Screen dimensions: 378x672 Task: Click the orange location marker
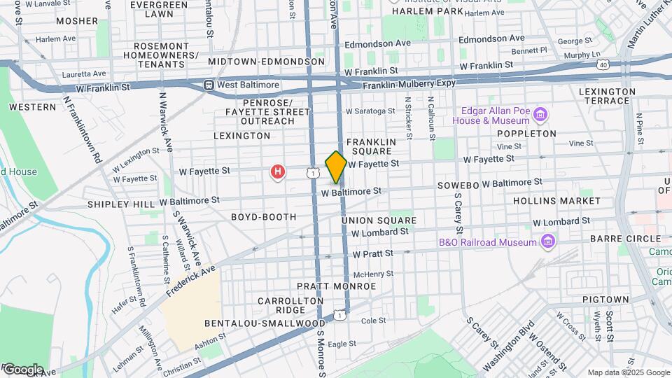(336, 167)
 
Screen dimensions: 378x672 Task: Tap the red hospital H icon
(279, 171)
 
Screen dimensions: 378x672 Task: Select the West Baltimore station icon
(208, 85)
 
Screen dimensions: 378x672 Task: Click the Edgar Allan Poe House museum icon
(540, 114)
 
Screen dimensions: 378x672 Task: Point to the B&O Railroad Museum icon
(549, 242)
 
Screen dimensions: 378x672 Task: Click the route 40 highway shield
(603, 64)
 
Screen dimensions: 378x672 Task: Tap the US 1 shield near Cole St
(339, 315)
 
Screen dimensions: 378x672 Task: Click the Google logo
(22, 369)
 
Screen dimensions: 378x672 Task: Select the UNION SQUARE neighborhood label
(379, 220)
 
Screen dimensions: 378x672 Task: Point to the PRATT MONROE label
(336, 286)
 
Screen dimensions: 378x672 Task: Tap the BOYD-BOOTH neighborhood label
(264, 217)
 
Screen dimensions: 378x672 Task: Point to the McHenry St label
(370, 274)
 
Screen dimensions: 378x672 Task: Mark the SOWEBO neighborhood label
(458, 186)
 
